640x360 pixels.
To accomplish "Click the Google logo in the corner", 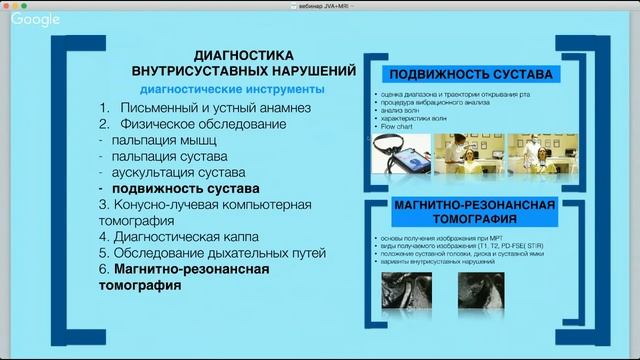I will [x=36, y=19].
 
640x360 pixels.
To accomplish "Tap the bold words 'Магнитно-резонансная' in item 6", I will [x=187, y=269].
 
